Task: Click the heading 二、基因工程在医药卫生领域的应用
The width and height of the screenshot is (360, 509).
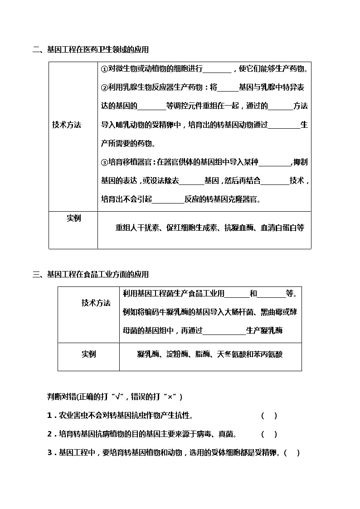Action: coord(91,49)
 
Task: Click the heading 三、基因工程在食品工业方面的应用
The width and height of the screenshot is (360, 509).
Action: coord(91,274)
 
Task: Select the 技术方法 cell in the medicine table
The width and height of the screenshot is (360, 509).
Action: coord(67,125)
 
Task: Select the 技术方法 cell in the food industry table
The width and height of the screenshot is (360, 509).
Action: coord(96,303)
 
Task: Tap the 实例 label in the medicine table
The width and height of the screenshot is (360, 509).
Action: coord(73,218)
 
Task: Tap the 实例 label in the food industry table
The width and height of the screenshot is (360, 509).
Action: coord(89,354)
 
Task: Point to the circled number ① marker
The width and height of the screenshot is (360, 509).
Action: coord(104,69)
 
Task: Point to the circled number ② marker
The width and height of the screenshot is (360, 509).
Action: coord(104,87)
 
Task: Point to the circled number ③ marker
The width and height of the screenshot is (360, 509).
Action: coord(104,162)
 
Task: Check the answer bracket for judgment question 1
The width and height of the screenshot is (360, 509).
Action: coord(269,416)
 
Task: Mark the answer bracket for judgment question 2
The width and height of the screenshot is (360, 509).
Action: coord(269,434)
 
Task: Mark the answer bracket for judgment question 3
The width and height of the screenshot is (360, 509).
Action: coord(292,452)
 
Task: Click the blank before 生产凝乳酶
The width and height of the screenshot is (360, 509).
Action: coord(224,331)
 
